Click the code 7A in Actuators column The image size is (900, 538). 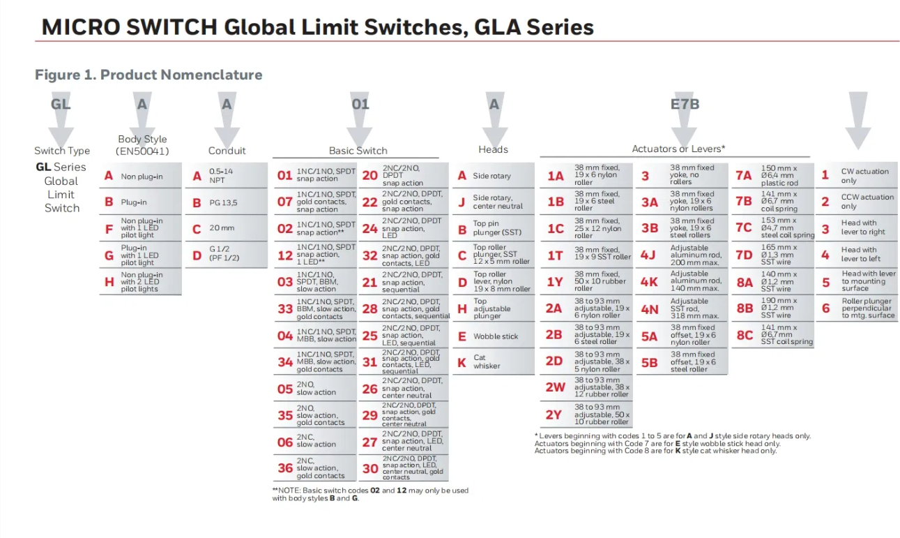pos(744,175)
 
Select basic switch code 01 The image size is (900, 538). pos(284,175)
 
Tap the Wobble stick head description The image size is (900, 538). pos(496,336)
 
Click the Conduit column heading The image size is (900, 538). pos(227,151)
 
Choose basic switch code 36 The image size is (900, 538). pos(284,468)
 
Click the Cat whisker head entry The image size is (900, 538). pos(487,362)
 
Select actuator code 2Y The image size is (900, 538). pos(554,414)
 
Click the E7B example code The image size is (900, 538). pos(685,105)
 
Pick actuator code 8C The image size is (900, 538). pos(745,335)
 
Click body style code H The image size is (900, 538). pos(109,282)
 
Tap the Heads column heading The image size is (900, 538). pos(493,149)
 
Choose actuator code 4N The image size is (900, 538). pos(649,309)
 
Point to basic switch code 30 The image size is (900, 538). pos(369,469)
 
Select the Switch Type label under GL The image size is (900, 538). pos(62,151)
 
